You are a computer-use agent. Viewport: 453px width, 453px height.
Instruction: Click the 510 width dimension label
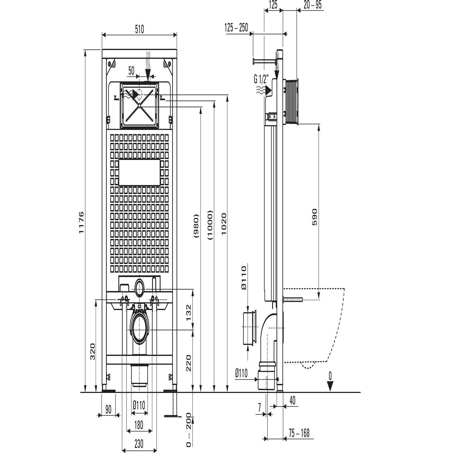139,29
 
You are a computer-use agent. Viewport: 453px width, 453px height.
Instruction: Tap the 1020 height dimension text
224,224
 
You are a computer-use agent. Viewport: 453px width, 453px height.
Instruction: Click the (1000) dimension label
210,225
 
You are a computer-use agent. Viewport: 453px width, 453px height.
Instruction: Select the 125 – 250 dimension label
236,28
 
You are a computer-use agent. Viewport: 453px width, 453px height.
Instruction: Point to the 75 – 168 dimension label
299,433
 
